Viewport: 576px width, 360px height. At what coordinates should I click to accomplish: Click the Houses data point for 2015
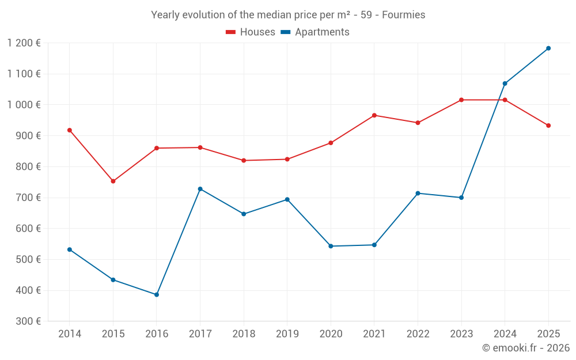pos(113,181)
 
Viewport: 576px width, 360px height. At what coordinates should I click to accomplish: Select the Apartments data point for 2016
pos(157,294)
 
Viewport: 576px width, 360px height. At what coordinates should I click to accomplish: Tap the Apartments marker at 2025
pos(548,48)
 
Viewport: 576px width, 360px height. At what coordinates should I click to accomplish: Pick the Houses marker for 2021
pos(374,115)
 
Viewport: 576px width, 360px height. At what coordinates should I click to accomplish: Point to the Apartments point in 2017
pos(200,189)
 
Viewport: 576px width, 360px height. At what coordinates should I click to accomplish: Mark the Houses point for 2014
pos(70,130)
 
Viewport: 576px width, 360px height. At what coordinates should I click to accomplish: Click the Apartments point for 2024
pos(505,84)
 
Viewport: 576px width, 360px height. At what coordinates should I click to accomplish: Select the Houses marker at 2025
pos(548,126)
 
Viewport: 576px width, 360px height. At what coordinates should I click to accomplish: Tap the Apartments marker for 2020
pos(331,246)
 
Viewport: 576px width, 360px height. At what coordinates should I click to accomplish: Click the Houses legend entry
pos(251,32)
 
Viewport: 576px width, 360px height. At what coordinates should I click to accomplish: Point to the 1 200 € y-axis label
pos(24,43)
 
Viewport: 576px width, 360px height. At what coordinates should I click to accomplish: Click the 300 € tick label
pos(28,321)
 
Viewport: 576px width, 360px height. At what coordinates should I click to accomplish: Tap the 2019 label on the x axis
pos(287,334)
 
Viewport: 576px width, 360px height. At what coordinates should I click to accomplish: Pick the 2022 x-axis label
pos(418,334)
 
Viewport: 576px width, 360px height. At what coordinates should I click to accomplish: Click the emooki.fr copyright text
pos(526,348)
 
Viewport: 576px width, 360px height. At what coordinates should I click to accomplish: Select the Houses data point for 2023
pos(461,100)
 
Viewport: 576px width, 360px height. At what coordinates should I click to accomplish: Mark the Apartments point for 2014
pos(70,249)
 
